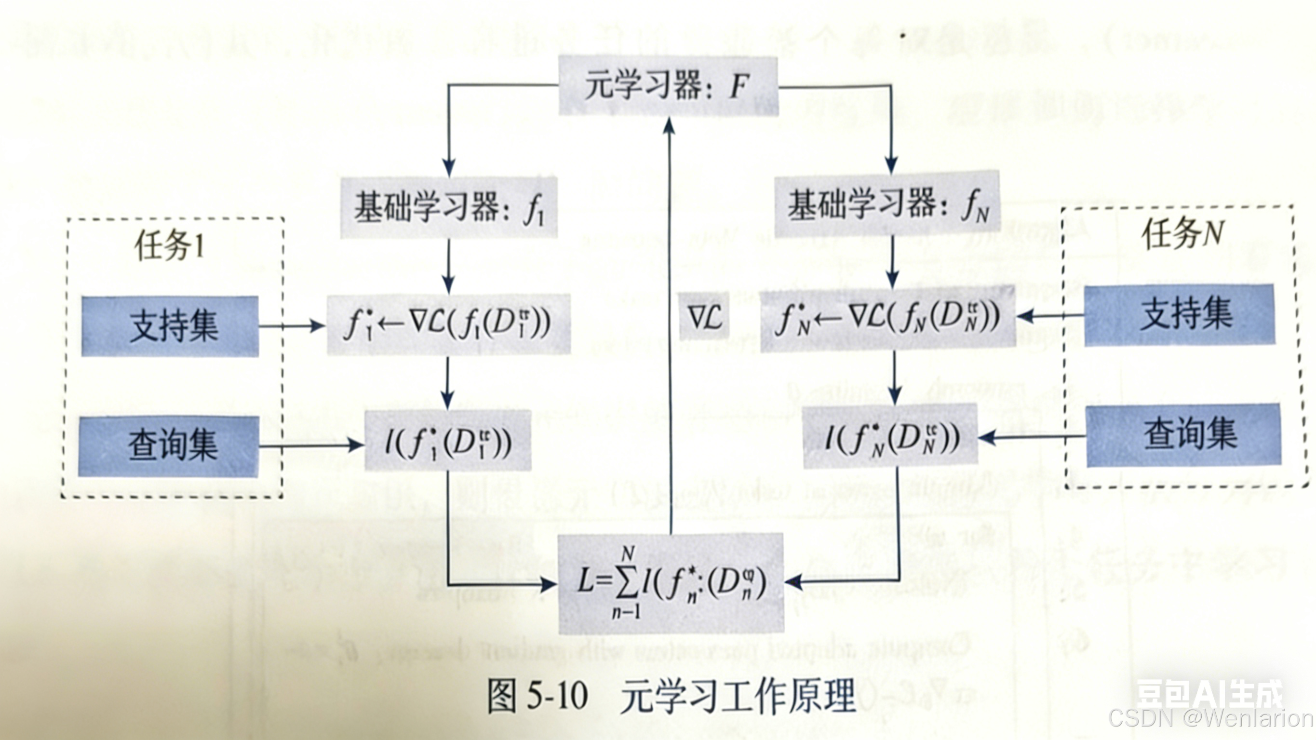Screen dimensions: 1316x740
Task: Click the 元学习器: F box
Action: (668, 86)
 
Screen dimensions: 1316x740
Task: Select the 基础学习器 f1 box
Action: (448, 207)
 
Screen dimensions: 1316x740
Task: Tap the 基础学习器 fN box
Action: (887, 205)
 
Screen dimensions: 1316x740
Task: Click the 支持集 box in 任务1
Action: (170, 326)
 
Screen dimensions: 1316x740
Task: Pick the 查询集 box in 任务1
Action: (169, 445)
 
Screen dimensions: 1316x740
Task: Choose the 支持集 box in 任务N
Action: (1179, 315)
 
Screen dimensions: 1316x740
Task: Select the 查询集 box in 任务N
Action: (1183, 435)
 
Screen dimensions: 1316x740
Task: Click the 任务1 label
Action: (169, 246)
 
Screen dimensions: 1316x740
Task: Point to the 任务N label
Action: (1182, 234)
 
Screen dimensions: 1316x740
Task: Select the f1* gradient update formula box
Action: (448, 324)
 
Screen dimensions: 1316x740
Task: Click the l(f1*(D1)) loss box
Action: (448, 441)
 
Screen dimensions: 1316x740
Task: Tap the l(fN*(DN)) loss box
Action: (890, 436)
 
